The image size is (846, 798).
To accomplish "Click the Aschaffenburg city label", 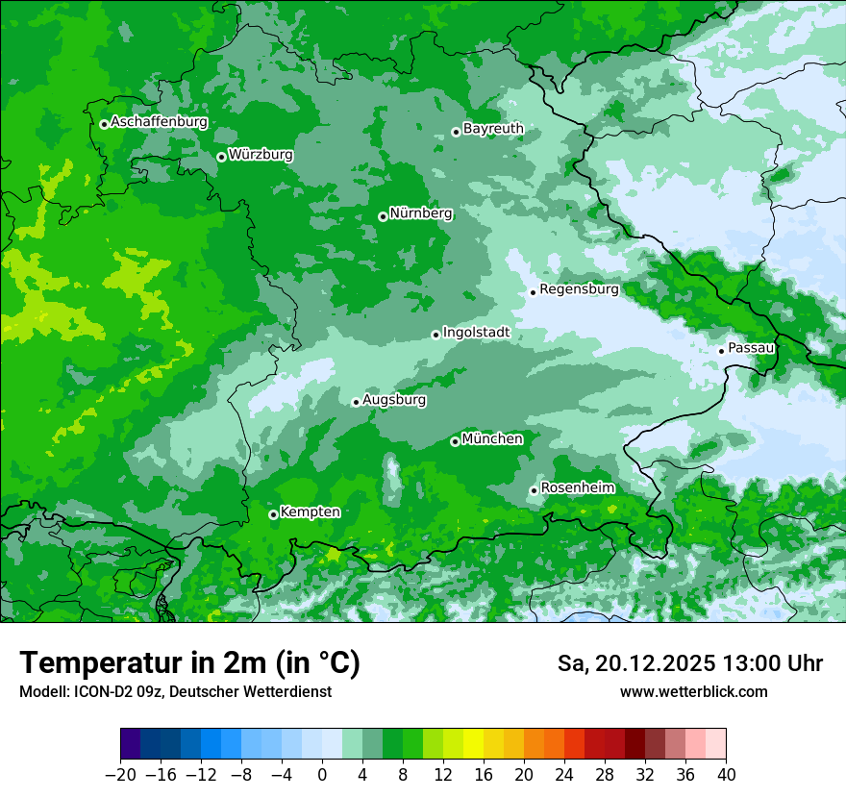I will point(159,122).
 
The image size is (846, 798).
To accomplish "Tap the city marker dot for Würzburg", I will point(221,157).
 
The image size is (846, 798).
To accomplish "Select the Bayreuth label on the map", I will point(493,128).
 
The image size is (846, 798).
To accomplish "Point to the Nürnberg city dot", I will point(383,216).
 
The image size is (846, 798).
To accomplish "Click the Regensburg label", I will point(579,288).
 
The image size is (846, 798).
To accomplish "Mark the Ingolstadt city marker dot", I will point(435,335).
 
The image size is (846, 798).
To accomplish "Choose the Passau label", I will point(751,347).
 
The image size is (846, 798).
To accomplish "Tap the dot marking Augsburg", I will point(356,402).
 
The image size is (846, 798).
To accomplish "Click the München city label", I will point(492,438).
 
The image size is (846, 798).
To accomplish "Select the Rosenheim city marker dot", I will point(534,490).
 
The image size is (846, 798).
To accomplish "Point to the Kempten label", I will point(310,511).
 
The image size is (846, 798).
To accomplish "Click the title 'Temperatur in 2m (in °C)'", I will point(190,662).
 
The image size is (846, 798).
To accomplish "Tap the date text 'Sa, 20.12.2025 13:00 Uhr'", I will point(690,663).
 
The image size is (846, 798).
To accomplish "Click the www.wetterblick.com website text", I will point(694,691).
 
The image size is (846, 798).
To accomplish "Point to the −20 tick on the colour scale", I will point(120,774).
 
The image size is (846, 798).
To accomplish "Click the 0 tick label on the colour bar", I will point(322,774).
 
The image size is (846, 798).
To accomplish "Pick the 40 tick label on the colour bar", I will point(726,774).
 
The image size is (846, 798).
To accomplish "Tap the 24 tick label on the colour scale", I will point(564,774).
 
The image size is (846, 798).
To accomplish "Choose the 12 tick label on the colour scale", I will point(443,774).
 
